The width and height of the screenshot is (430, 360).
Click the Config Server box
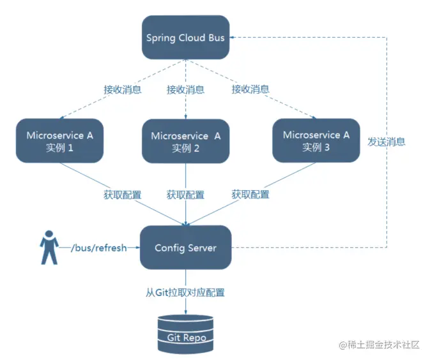coord(185,247)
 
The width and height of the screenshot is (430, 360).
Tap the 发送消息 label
coord(387,142)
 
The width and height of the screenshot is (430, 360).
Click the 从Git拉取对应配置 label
coord(185,293)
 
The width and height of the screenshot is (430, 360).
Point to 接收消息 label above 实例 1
coord(123,89)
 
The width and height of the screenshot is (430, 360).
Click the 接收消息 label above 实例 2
coord(185,89)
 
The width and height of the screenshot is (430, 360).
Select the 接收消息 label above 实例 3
coord(250,89)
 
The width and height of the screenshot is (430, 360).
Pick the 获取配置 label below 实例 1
coord(123,194)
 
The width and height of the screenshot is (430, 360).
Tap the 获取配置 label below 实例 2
coord(185,194)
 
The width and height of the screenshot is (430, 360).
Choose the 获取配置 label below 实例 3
coord(250,194)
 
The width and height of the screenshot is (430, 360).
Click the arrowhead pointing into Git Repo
coord(186,311)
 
